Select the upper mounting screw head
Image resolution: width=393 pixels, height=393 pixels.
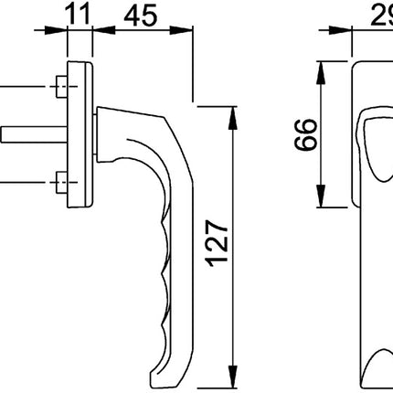click(60, 89)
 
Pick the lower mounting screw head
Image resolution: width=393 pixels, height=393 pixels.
click(60, 177)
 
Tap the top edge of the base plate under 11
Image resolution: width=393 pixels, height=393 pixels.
click(80, 66)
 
